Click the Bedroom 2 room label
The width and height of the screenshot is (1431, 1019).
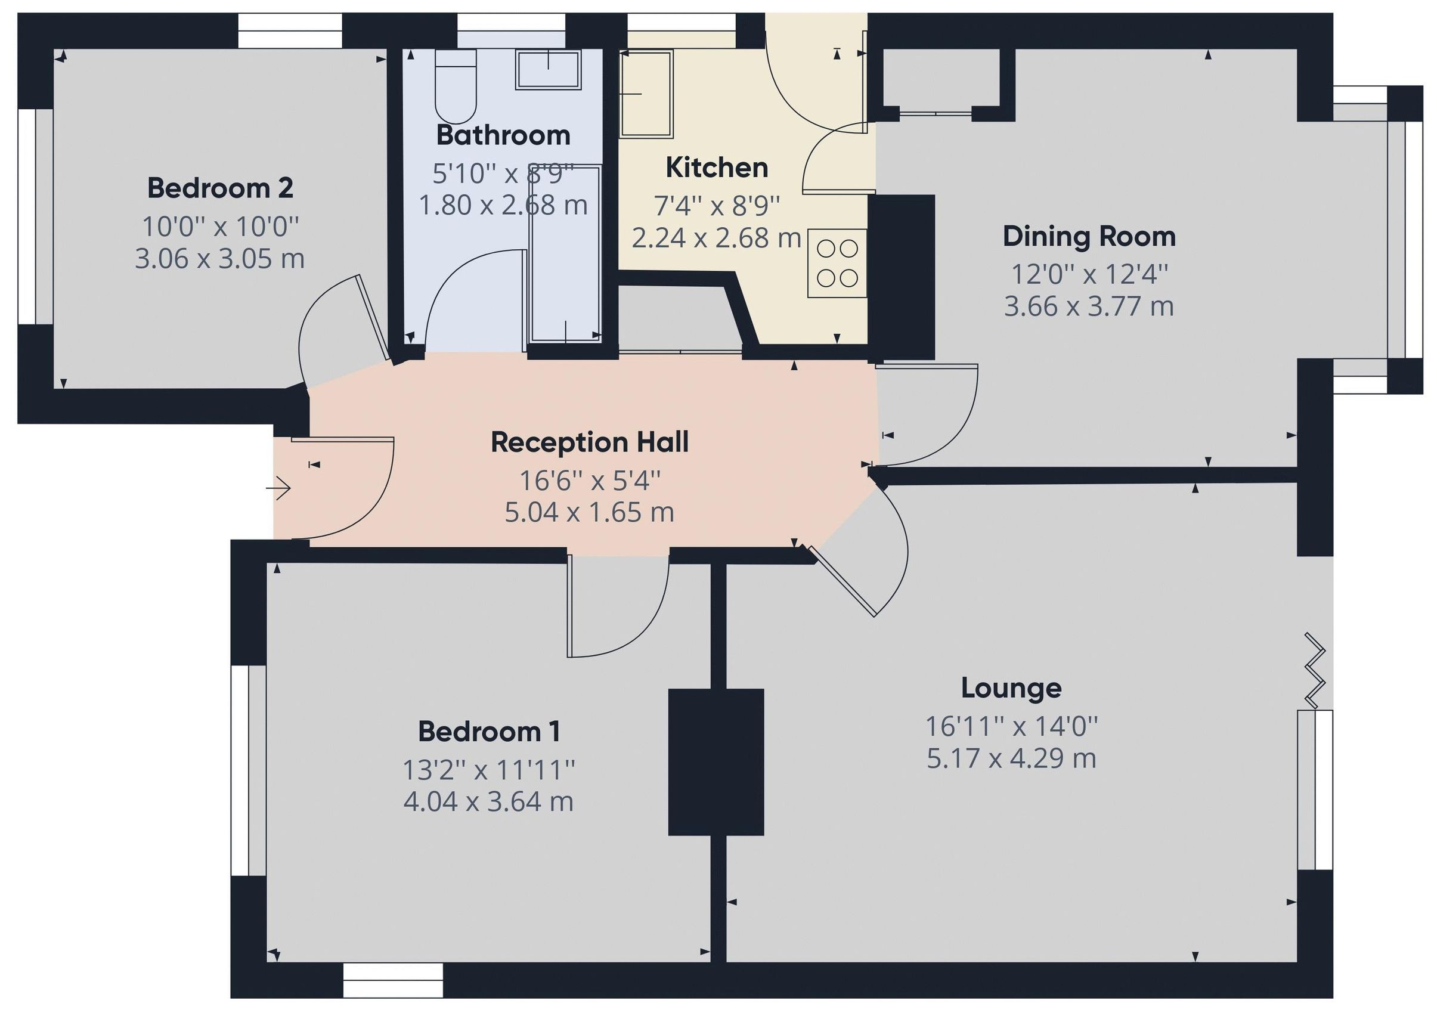point(219,188)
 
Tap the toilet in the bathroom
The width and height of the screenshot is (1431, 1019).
point(456,88)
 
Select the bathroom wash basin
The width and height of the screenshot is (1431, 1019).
point(549,70)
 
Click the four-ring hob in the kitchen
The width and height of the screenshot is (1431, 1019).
point(837,264)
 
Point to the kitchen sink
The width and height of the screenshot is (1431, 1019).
point(646,94)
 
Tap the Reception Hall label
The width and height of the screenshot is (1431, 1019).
point(589,442)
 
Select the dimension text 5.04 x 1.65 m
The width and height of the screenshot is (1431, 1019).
point(589,513)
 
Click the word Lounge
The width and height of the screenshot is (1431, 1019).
point(1011,688)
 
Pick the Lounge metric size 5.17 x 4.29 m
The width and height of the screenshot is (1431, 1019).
point(1011,758)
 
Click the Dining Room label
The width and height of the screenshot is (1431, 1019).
point(1089,237)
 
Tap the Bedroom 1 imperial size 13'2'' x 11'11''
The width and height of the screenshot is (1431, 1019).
point(488,770)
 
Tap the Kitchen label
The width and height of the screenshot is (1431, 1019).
point(717,168)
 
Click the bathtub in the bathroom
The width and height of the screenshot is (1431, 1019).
point(565,254)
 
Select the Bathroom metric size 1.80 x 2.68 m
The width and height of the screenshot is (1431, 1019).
point(503,205)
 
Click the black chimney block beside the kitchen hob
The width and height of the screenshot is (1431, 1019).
point(901,276)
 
